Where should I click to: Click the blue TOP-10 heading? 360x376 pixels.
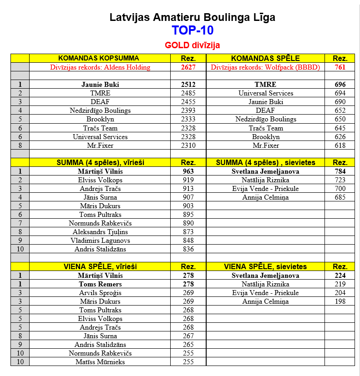tap(193, 30)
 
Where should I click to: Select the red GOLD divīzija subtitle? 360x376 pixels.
tap(193, 45)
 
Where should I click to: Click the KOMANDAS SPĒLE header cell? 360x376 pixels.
tap(265, 58)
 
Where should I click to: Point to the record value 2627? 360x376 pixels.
tap(188, 67)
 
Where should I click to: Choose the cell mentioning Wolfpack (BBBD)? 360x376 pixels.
tap(265, 67)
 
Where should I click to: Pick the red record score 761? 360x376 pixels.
tap(340, 67)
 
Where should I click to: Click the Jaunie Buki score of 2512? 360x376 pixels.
tap(188, 85)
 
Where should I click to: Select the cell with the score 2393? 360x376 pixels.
tap(188, 110)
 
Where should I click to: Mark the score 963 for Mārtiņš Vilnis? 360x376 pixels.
tap(188, 171)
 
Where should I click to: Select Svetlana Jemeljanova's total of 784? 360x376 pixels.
tap(340, 171)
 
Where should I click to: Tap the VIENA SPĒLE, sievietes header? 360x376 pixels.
tap(265, 266)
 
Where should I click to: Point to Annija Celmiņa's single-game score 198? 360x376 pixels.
tap(340, 301)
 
